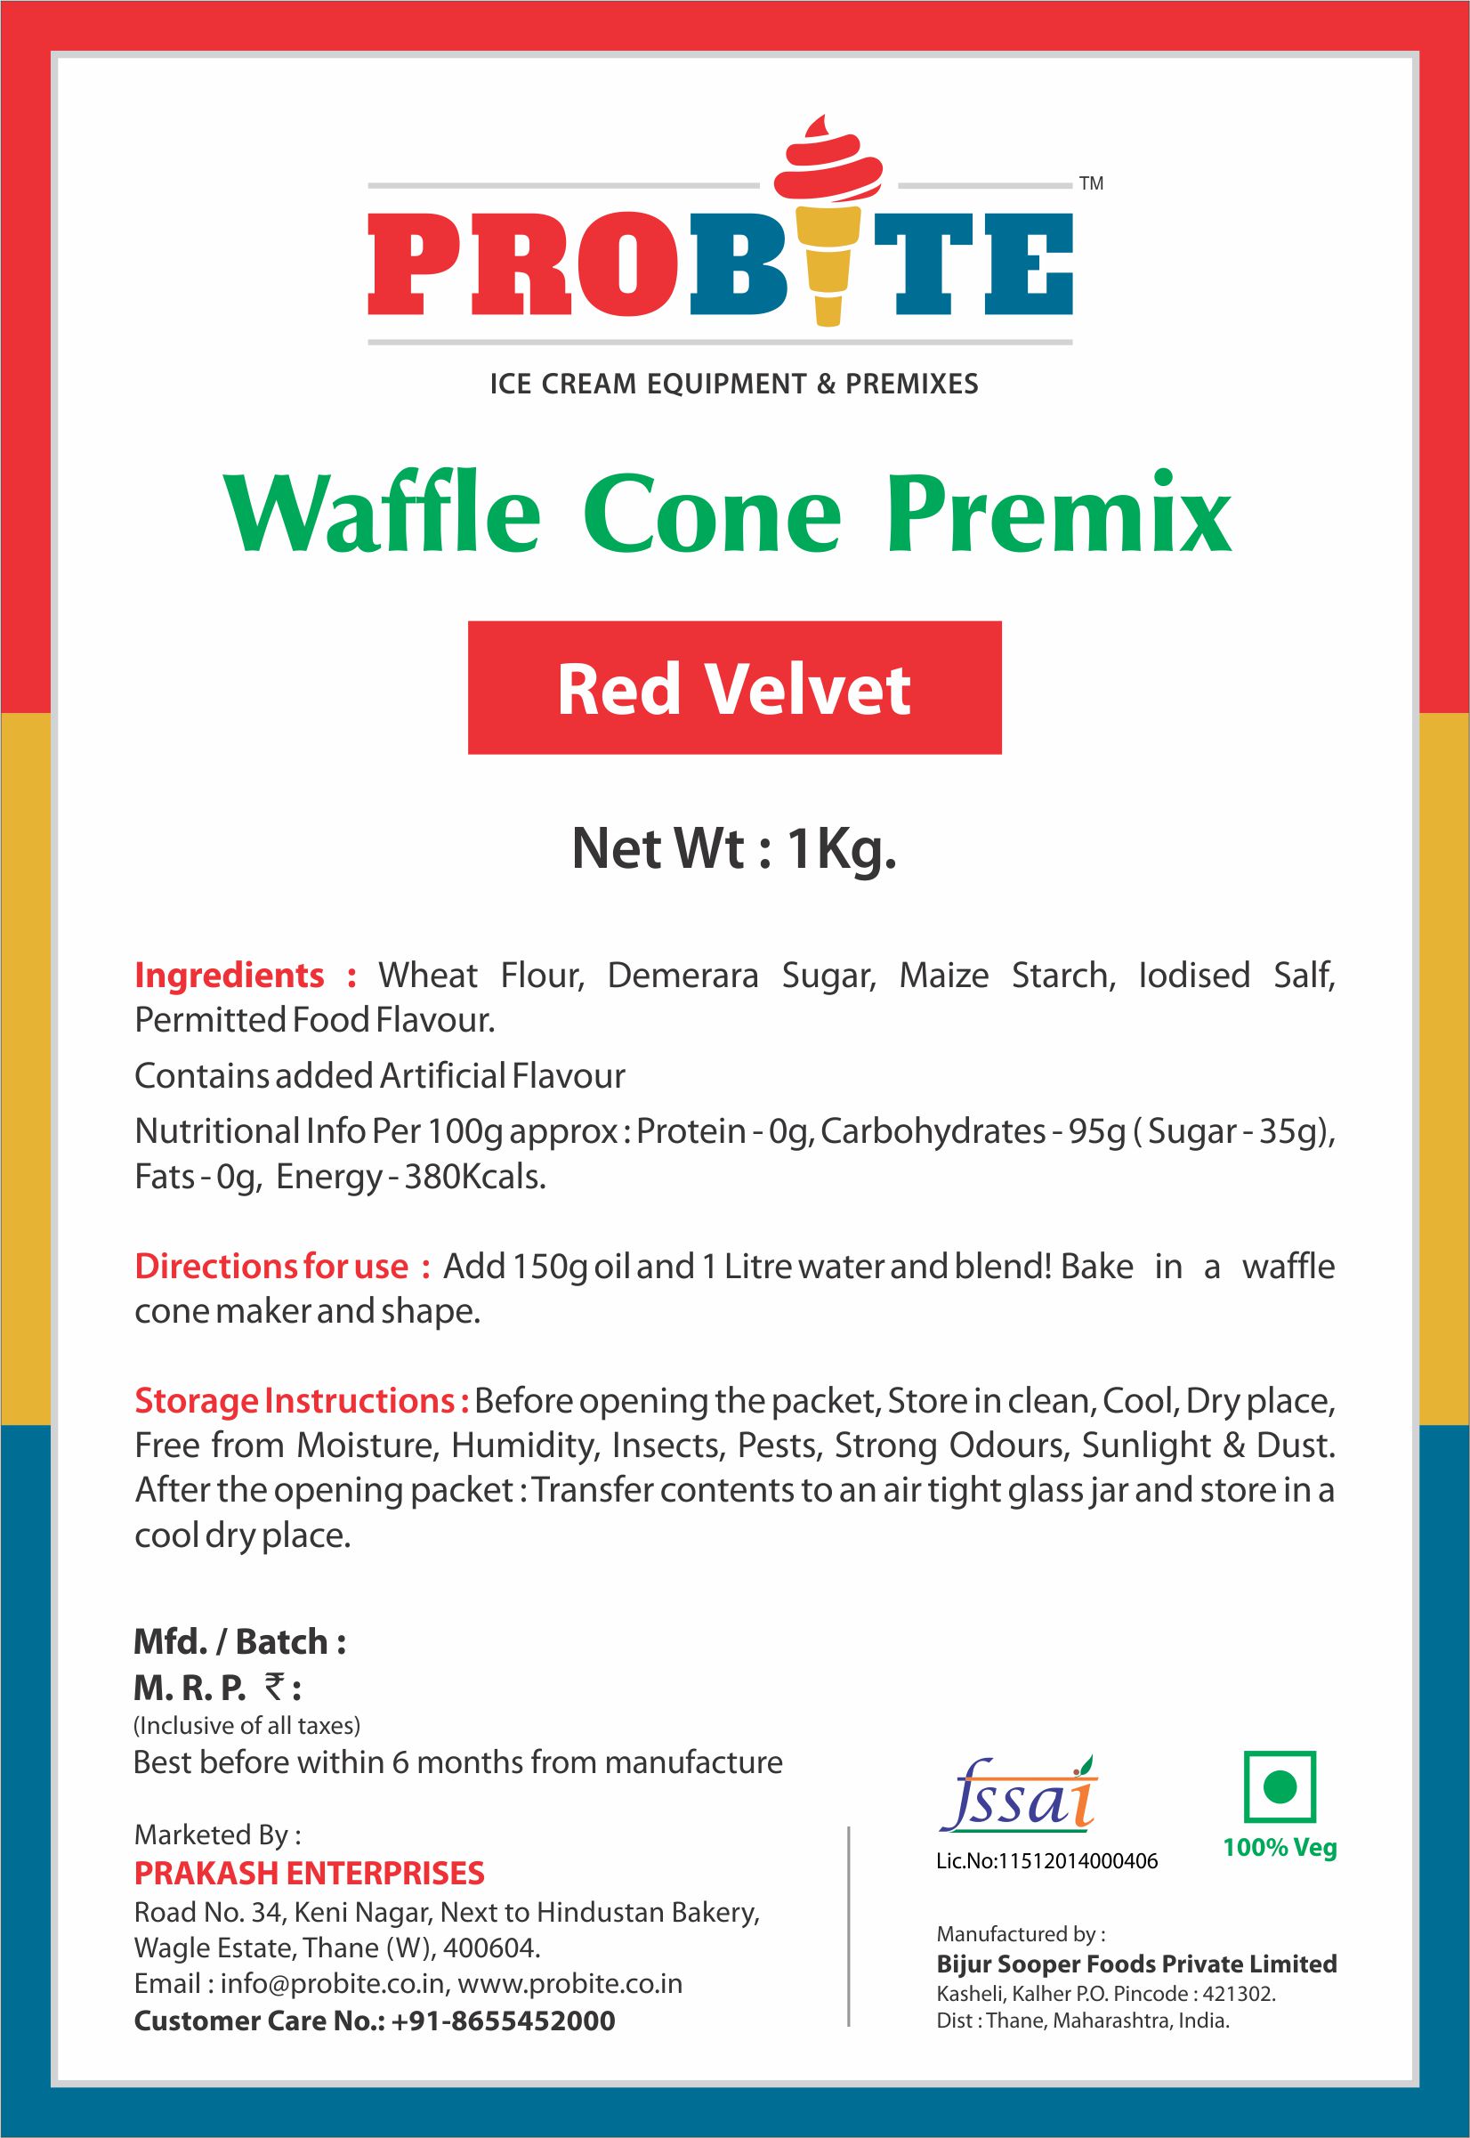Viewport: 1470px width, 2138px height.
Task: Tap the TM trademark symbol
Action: click(x=1091, y=184)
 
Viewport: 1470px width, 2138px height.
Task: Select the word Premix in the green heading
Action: click(x=1059, y=513)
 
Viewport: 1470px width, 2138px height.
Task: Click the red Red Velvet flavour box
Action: click(x=734, y=687)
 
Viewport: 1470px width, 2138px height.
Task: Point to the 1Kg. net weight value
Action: click(x=842, y=848)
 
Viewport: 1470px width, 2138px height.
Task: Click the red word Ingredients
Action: click(x=230, y=975)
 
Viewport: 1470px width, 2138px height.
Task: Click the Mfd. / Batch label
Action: click(x=239, y=1641)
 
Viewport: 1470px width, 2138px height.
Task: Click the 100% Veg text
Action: click(x=1280, y=1848)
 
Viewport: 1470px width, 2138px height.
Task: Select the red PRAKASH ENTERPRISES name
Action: click(x=310, y=1873)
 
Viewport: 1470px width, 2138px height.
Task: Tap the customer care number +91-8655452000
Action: click(x=503, y=2021)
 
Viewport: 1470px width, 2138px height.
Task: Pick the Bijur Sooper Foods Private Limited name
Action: click(x=1136, y=1964)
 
